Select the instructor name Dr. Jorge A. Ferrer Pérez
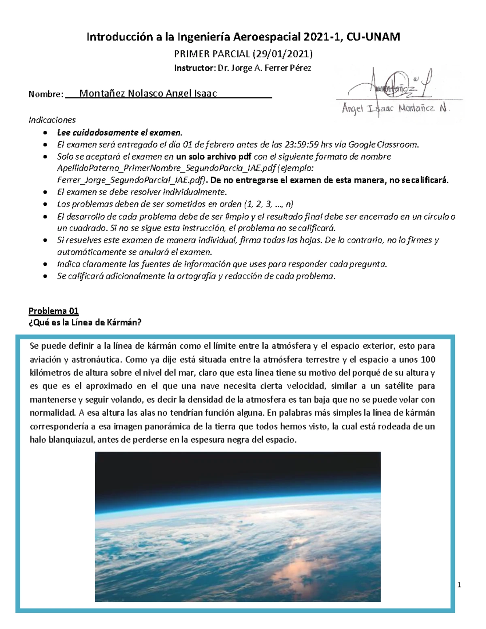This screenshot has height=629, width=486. (264, 68)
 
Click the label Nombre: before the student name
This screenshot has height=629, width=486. (46, 94)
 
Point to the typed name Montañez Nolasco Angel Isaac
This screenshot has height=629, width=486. (148, 94)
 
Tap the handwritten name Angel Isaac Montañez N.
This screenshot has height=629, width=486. (396, 109)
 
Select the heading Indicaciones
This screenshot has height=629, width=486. (52, 120)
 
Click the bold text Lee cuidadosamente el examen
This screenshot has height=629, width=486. (120, 132)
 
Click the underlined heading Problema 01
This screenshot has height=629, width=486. (53, 311)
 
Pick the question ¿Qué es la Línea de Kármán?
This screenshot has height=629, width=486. (85, 323)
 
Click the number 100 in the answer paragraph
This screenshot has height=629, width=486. (428, 360)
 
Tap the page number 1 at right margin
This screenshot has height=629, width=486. (459, 585)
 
